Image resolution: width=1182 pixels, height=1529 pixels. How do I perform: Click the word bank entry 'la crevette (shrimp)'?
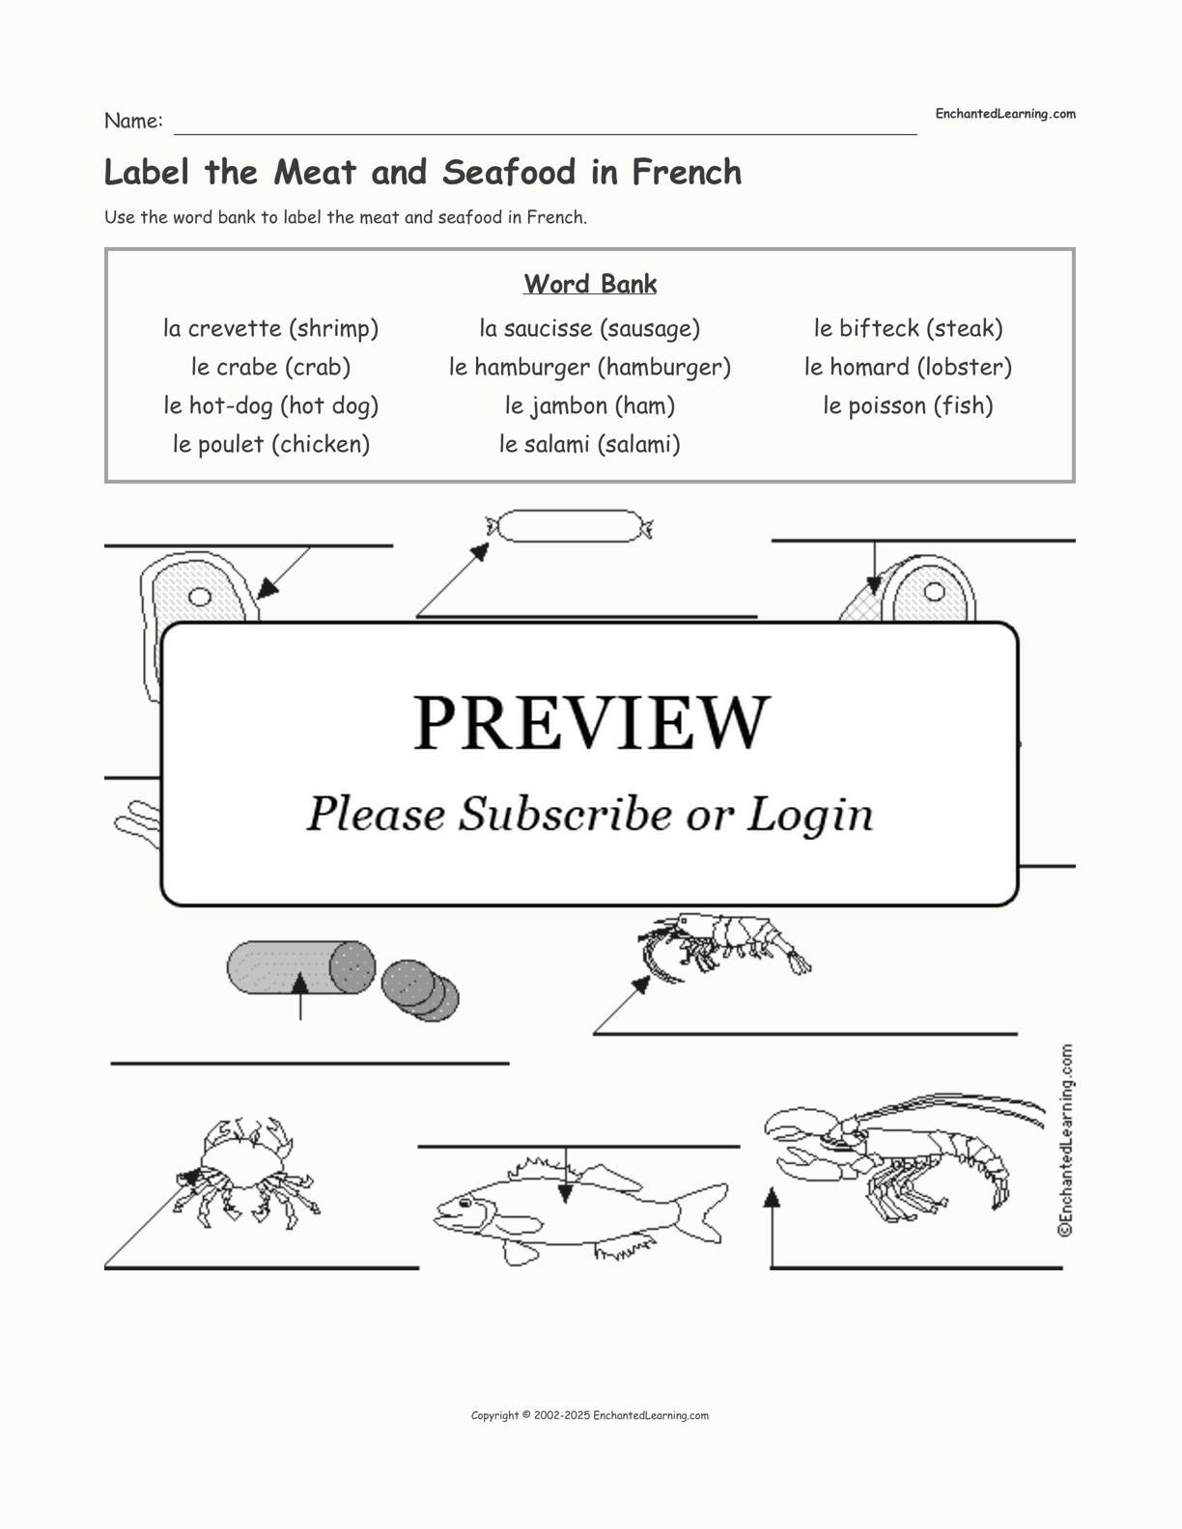click(x=271, y=328)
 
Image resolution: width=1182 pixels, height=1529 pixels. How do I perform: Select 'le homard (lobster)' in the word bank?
click(x=908, y=368)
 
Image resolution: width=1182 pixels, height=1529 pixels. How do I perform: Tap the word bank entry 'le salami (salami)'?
click(x=590, y=445)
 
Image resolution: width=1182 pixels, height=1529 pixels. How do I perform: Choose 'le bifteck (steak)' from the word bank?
click(x=908, y=328)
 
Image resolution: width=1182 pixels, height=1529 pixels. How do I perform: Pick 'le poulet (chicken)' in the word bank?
click(x=271, y=445)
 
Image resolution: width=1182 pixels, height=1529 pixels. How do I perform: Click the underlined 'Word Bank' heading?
click(x=590, y=284)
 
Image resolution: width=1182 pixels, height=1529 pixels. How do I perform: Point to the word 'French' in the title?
click(x=687, y=173)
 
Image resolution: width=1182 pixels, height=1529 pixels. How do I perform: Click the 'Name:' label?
click(x=133, y=121)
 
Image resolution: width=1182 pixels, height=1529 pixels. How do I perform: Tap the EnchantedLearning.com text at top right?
click(x=1005, y=114)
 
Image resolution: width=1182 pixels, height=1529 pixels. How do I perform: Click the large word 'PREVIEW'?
click(x=591, y=723)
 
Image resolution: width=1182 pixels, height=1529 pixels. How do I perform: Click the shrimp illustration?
click(x=725, y=946)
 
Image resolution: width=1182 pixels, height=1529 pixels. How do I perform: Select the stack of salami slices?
click(x=420, y=990)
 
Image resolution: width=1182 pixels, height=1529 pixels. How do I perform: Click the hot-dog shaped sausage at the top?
click(x=570, y=526)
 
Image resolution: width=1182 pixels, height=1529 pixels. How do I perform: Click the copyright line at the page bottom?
click(x=590, y=1415)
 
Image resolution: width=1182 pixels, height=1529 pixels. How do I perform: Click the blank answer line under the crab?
click(x=262, y=1268)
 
